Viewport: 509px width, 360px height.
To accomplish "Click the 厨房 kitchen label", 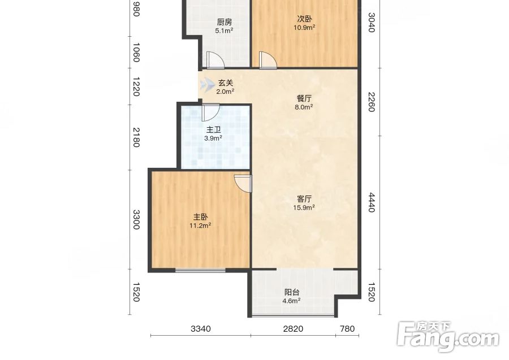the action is [x=225, y=23].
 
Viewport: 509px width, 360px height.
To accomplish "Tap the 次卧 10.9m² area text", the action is [x=304, y=28].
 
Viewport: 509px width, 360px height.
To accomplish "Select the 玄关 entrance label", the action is [x=226, y=83].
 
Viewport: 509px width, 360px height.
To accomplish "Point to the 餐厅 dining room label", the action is [x=304, y=98].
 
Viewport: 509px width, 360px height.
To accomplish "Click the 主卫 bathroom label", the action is [x=214, y=130].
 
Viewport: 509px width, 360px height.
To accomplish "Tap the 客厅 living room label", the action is [x=304, y=198].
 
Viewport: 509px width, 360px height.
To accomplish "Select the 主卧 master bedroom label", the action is [x=201, y=216].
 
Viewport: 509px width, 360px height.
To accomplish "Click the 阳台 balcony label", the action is [x=291, y=292].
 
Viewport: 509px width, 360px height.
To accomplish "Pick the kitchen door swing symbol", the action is [x=215, y=60].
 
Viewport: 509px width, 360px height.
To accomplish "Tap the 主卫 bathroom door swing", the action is [x=210, y=112].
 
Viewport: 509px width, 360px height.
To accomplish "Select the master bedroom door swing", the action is [x=243, y=184].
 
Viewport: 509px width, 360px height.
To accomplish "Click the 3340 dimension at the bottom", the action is [x=201, y=329].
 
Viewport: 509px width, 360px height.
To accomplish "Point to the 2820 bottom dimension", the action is [x=293, y=329].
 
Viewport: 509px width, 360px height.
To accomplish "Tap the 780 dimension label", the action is [x=347, y=329].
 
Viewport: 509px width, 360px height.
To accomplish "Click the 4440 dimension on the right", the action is [x=372, y=202].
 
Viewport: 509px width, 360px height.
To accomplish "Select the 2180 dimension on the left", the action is [x=136, y=137].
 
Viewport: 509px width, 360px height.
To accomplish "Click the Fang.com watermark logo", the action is [x=448, y=337].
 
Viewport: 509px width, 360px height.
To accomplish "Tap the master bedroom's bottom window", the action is [x=201, y=270].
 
